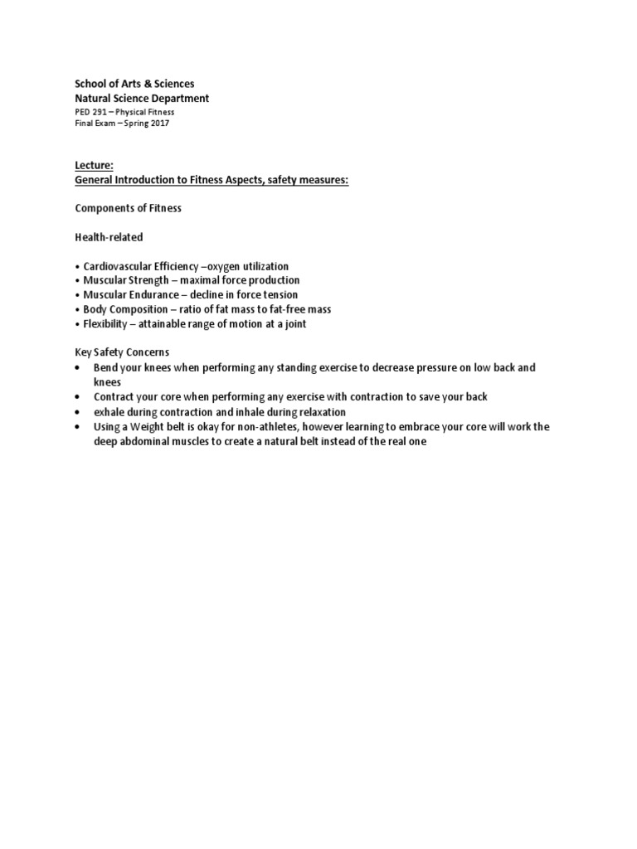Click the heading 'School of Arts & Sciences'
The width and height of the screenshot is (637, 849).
pos(134,84)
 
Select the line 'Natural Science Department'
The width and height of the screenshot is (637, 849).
pos(142,99)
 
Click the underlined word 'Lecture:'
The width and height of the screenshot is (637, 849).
pos(94,166)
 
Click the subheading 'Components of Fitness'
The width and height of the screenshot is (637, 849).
pos(128,208)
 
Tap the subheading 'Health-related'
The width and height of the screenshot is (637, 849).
pos(109,237)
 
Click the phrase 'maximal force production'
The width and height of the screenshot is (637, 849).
pos(243,280)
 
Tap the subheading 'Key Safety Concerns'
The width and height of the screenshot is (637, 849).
pos(122,353)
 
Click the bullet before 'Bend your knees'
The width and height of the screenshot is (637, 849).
pos(78,367)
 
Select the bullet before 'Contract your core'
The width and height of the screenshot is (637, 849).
pos(78,397)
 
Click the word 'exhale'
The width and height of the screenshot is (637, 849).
pos(109,412)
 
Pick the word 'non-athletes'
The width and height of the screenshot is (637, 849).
pos(280,427)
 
